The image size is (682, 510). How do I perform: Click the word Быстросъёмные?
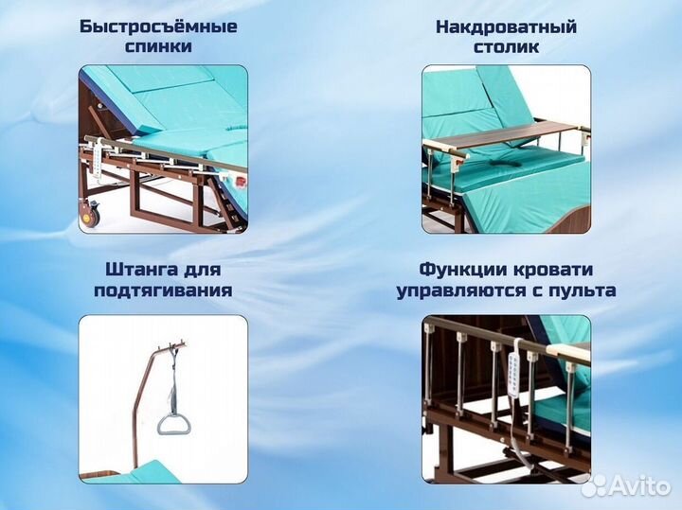(158, 26)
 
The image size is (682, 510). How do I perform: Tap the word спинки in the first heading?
(158, 46)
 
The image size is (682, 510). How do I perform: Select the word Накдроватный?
(506, 26)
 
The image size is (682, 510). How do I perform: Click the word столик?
(506, 46)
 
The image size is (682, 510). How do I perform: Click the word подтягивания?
(162, 290)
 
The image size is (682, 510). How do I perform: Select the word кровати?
(552, 269)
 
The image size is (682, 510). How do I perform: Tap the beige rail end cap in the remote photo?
(574, 355)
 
